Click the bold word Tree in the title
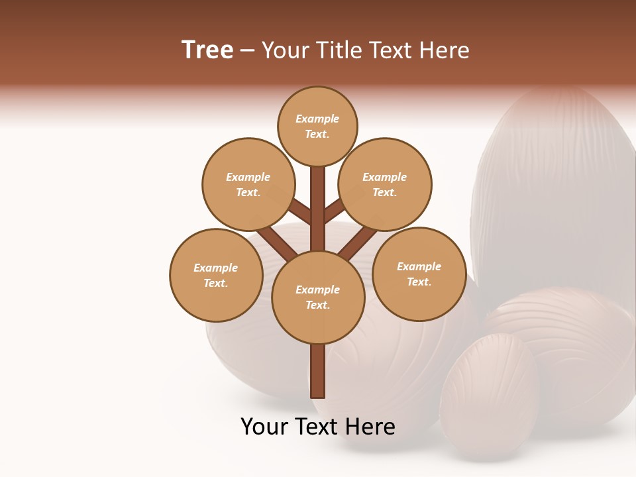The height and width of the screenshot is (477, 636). click(207, 50)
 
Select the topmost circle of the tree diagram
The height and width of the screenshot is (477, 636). click(317, 126)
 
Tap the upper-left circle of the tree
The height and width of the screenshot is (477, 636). click(248, 184)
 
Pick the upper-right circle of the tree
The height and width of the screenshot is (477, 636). click(384, 184)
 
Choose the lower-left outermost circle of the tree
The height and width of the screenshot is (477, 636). click(215, 275)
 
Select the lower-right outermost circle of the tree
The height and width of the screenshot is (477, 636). click(419, 274)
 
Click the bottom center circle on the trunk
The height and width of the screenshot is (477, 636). click(317, 297)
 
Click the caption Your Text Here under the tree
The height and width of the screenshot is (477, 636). click(317, 427)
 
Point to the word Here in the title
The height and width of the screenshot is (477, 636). click(445, 50)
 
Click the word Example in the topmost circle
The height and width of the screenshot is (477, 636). click(317, 119)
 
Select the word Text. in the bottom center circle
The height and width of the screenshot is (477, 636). click(317, 305)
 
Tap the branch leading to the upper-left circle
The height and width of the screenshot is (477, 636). click(300, 213)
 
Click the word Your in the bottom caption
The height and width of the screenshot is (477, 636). click(265, 427)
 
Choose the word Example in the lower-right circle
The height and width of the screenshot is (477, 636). click(419, 266)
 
